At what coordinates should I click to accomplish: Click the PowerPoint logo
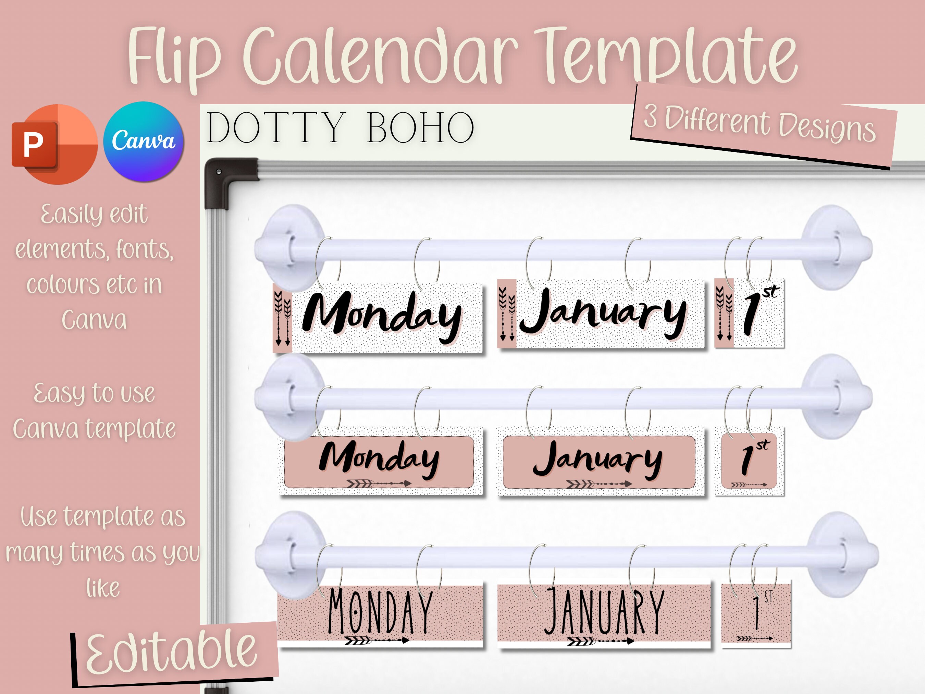[x=54, y=144]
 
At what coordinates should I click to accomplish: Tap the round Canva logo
[x=144, y=142]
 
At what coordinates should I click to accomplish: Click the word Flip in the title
[x=174, y=57]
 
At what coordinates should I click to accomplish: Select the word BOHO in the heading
[x=420, y=127]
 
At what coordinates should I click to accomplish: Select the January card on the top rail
[x=601, y=314]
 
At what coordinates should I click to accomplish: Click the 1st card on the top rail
[x=749, y=314]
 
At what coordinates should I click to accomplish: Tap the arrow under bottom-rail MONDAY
[x=377, y=640]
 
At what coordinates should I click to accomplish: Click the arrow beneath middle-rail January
[x=599, y=484]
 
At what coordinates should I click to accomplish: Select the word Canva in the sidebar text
[x=94, y=320]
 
